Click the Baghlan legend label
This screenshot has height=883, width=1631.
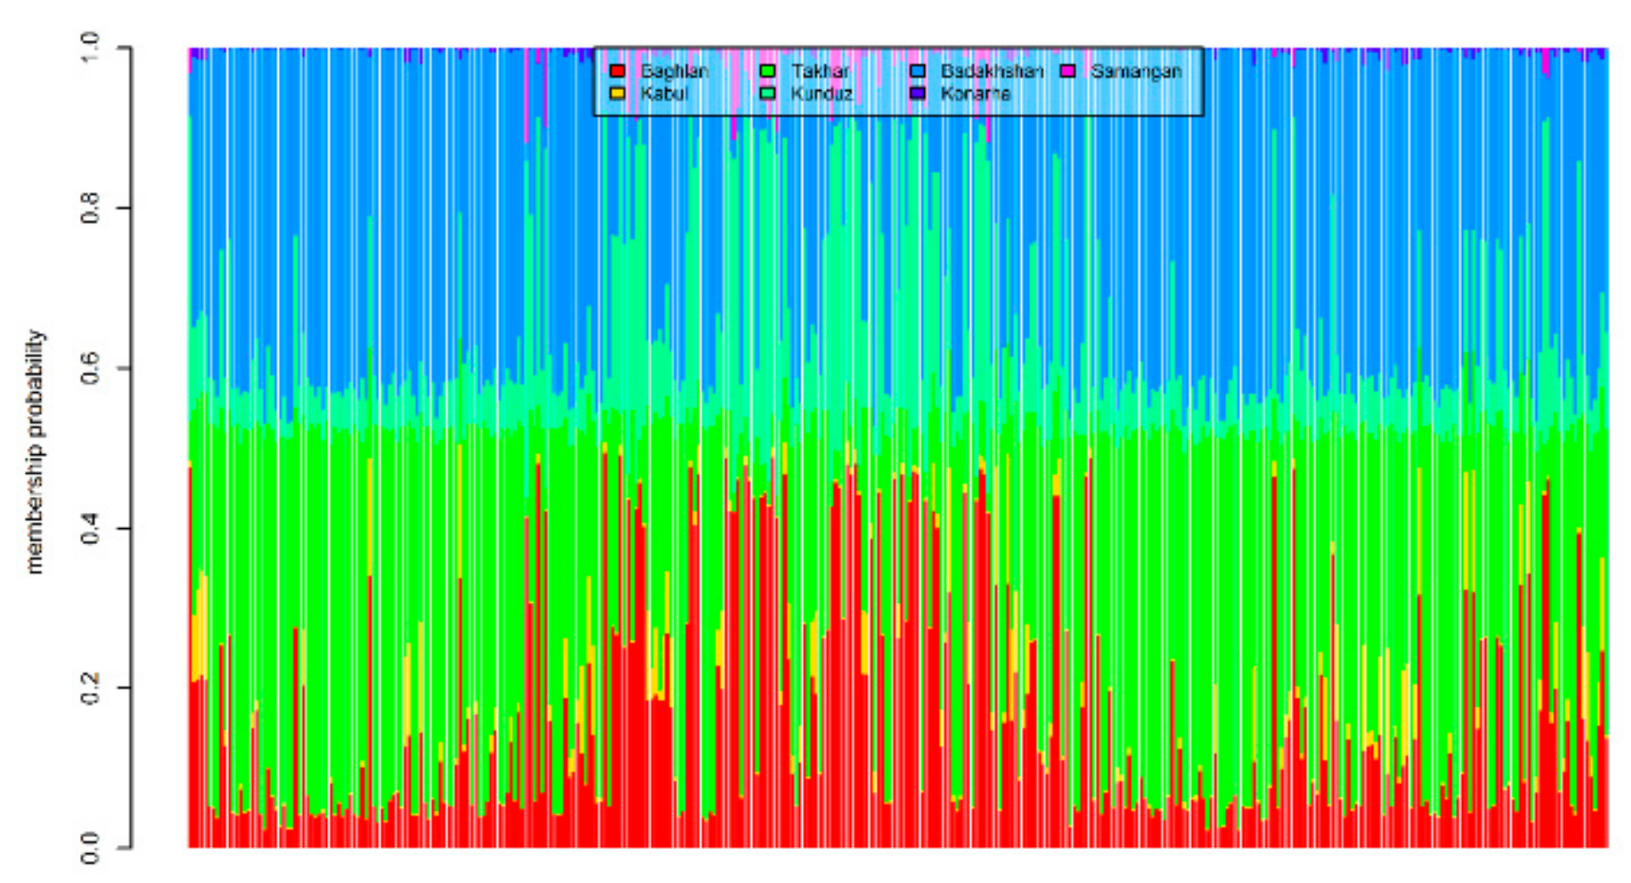tap(674, 71)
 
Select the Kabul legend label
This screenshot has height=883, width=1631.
tap(663, 93)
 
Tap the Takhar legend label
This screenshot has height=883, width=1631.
tap(820, 71)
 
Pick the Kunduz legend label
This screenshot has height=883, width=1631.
tap(821, 93)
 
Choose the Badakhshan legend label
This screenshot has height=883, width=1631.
tap(991, 71)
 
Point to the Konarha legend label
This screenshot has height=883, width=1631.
tap(975, 93)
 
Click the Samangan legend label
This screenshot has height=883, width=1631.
tap(1136, 71)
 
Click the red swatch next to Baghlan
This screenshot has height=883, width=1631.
tap(618, 71)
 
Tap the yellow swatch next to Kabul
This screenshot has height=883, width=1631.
tap(618, 93)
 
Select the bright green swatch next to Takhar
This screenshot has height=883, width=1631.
tap(768, 71)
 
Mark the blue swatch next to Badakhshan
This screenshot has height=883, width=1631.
tap(917, 71)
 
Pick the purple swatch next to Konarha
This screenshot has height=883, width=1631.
tap(917, 93)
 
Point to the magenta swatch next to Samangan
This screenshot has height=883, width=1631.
tap(1068, 71)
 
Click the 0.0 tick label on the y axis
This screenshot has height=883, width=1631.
tap(89, 847)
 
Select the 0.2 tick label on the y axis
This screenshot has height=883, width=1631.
tap(89, 688)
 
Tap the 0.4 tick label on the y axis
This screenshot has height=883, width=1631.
tap(89, 528)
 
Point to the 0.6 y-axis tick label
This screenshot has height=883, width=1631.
tap(89, 368)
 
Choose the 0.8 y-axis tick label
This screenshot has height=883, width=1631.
tap(89, 208)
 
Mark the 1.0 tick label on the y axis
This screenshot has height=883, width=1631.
tap(89, 48)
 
